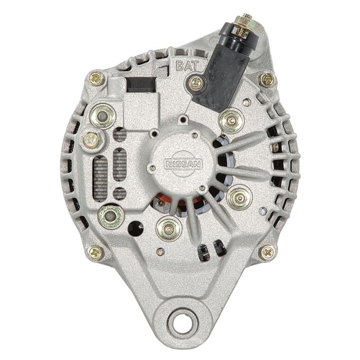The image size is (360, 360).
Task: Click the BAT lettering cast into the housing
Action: [187, 65]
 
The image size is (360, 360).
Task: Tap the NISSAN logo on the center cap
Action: [184, 164]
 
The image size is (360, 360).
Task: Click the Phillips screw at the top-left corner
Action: [96, 78]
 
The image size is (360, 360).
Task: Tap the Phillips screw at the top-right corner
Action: [267, 80]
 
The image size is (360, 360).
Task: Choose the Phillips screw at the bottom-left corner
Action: [96, 252]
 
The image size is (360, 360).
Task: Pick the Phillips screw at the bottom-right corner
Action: [267, 253]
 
